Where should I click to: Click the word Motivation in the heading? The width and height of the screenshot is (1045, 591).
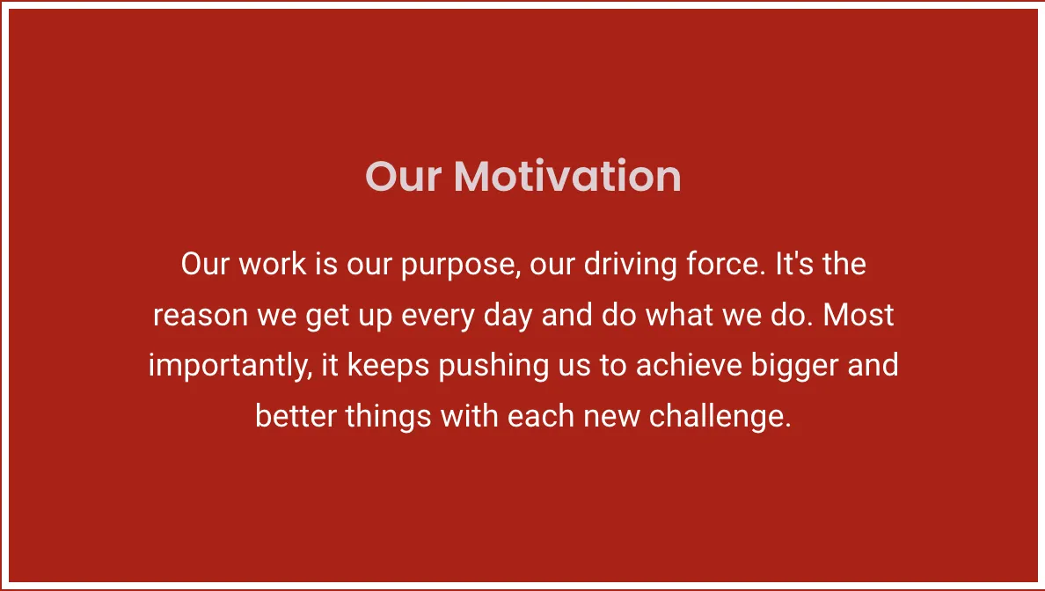[x=567, y=177]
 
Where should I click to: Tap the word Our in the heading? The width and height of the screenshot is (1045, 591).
[x=403, y=177]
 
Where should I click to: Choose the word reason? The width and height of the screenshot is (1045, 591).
[x=201, y=315]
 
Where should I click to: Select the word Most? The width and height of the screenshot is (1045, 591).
[x=859, y=315]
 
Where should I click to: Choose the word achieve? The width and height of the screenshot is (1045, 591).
[x=689, y=365]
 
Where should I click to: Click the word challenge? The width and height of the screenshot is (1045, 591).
[x=720, y=417]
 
